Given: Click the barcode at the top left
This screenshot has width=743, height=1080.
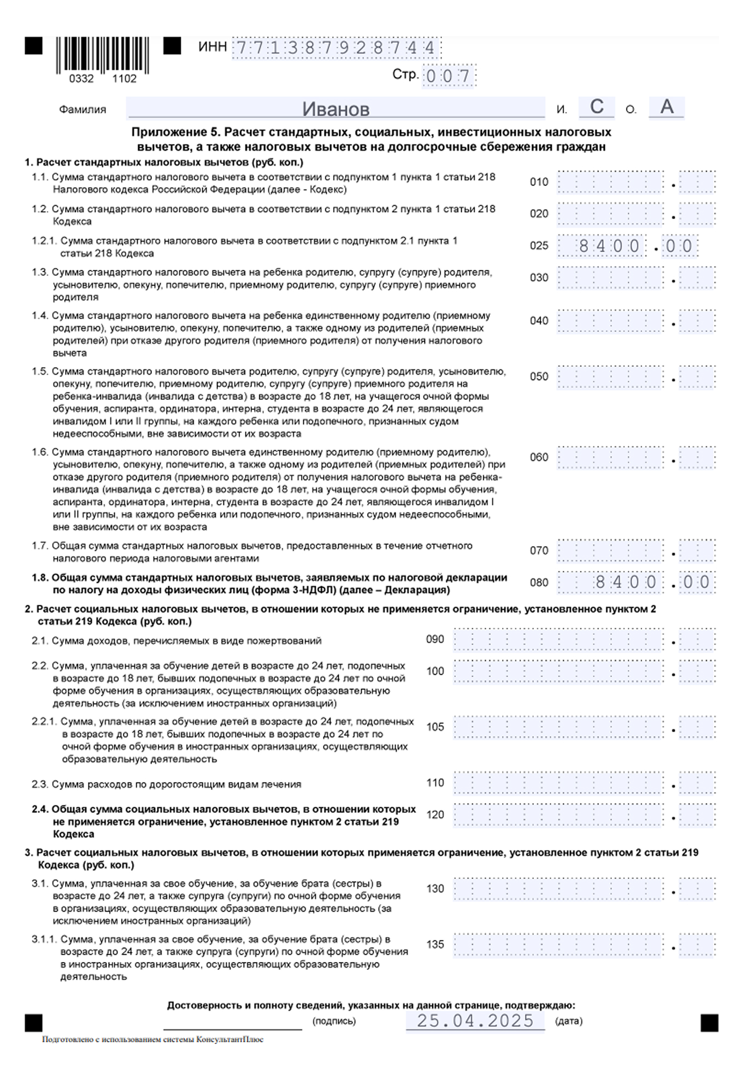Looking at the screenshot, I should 102,55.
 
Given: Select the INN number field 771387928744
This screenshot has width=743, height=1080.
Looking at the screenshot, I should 337,48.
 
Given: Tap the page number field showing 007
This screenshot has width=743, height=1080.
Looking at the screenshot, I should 448,76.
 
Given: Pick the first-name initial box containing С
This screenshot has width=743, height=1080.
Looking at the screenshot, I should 597,107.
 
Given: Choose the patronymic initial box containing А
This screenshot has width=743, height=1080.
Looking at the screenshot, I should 667,107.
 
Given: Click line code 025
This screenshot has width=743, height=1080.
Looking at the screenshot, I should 539,246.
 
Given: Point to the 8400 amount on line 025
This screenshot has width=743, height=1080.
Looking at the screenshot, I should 609,246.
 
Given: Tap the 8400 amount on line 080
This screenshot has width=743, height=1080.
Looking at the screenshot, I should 625,582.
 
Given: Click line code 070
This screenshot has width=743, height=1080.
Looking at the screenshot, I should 539,551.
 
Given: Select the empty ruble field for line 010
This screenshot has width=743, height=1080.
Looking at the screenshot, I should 610,182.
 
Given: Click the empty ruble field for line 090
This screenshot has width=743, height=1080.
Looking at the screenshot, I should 558,640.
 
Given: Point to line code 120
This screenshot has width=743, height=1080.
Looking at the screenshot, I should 435,815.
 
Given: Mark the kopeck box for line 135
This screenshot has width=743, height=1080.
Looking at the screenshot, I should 698,945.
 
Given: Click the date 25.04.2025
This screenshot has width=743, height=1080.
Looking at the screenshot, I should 475,1020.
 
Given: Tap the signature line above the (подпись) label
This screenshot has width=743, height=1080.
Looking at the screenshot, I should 232,1027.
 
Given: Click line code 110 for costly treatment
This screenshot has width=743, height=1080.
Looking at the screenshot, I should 435,783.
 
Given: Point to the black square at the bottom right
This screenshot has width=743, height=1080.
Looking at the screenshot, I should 709,1023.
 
